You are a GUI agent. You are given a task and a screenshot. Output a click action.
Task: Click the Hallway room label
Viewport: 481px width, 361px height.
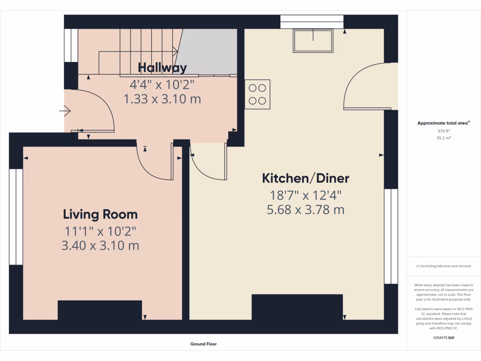(x=162, y=68)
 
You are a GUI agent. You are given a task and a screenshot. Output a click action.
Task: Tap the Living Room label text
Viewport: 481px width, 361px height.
(x=100, y=215)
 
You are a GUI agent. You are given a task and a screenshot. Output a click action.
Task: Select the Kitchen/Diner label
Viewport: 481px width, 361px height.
(x=305, y=179)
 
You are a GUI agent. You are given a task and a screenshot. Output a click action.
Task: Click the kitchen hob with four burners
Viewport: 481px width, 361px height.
(x=257, y=94)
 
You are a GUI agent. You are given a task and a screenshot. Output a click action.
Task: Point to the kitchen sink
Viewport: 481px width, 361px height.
(x=313, y=41)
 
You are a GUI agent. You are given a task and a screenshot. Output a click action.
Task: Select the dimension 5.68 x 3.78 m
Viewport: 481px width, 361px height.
(x=305, y=210)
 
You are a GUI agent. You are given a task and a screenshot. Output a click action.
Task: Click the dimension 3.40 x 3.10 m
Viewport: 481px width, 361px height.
(x=100, y=245)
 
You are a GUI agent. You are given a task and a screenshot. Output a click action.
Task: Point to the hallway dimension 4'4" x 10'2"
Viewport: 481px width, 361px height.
(x=162, y=85)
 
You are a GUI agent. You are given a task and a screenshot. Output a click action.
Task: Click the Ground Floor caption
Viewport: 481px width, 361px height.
(x=203, y=344)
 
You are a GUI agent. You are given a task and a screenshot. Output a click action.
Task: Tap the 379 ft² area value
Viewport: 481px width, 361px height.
(x=444, y=131)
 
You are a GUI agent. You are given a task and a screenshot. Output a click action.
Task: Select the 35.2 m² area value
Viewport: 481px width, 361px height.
(x=444, y=138)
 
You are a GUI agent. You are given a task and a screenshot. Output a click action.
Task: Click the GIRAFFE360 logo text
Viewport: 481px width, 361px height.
(x=444, y=337)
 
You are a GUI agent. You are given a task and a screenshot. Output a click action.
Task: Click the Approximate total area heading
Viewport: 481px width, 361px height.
(x=443, y=123)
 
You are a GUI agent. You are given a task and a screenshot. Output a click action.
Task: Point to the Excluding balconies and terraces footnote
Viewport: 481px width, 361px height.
(x=444, y=266)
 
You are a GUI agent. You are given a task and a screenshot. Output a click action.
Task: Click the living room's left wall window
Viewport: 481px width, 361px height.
(x=16, y=216)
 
